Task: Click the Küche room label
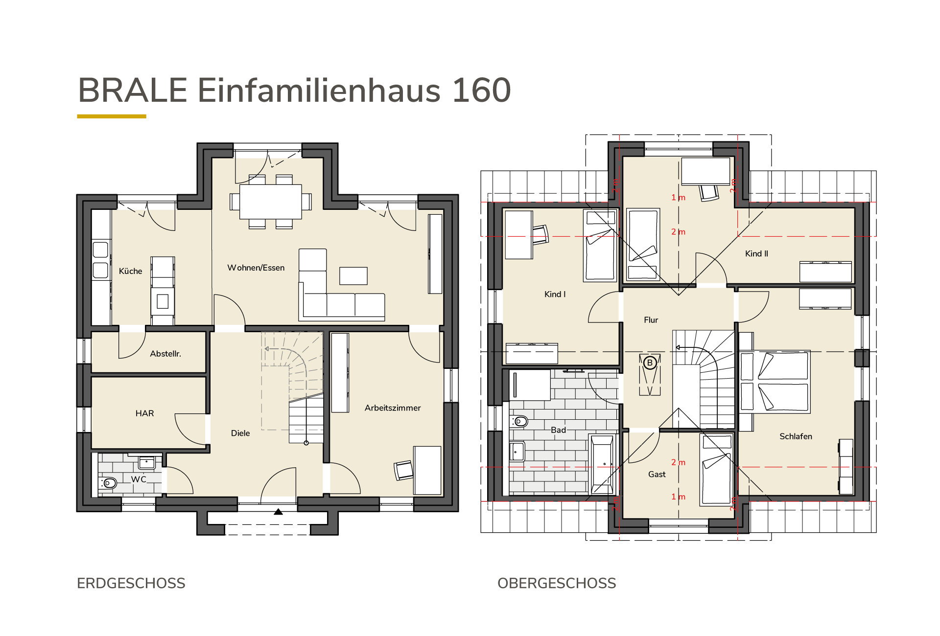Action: tap(130, 271)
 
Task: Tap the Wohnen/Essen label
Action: tap(256, 268)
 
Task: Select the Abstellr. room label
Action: tap(165, 354)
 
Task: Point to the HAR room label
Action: tap(144, 413)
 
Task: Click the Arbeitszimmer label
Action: tap(393, 408)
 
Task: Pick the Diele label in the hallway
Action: tap(240, 433)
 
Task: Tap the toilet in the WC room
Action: tap(109, 483)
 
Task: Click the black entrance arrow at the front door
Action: tap(278, 512)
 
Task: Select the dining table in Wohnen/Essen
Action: tap(271, 202)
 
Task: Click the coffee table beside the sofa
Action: tap(353, 276)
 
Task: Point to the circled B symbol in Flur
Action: tap(650, 363)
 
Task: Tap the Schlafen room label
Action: tap(796, 436)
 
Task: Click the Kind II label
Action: tap(756, 253)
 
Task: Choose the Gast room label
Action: tap(657, 474)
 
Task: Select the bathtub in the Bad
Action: tap(602, 464)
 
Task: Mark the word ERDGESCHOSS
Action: tap(131, 583)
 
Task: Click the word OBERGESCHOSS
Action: tap(557, 583)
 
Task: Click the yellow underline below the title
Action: tap(112, 116)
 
